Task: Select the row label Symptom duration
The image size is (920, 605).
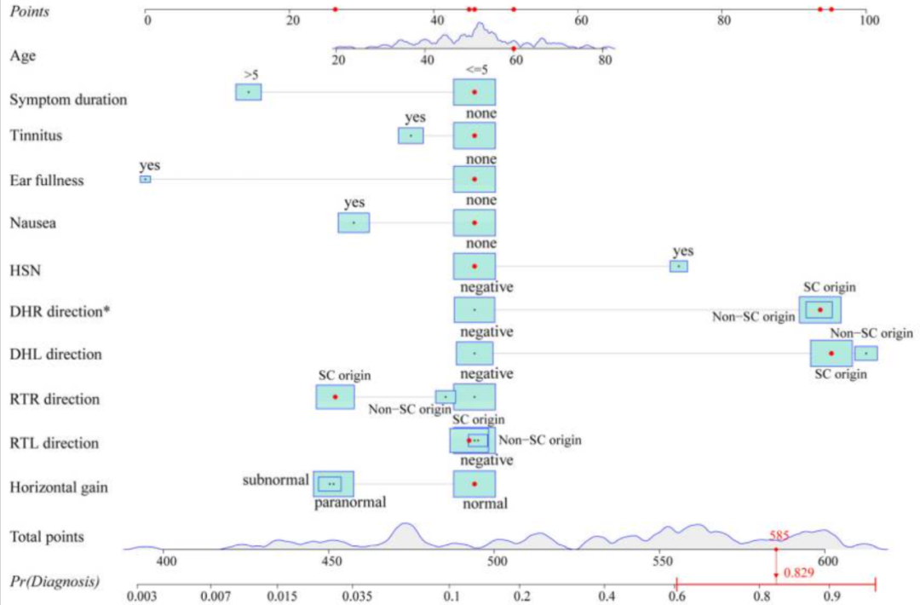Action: tap(68, 100)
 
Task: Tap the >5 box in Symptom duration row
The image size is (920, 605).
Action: tap(248, 92)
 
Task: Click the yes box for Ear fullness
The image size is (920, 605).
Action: tap(146, 179)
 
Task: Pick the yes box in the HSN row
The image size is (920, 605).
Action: tap(678, 266)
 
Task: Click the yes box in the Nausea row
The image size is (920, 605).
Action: tap(354, 222)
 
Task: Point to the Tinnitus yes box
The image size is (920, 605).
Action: tap(411, 135)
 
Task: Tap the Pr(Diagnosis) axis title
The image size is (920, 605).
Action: tap(54, 582)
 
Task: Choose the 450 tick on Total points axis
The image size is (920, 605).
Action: tap(331, 562)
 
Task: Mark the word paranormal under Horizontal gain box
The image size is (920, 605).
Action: tap(350, 502)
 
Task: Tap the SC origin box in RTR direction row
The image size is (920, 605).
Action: tap(335, 397)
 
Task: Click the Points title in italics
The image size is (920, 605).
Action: tap(29, 11)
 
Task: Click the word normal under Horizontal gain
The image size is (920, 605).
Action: tap(485, 504)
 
